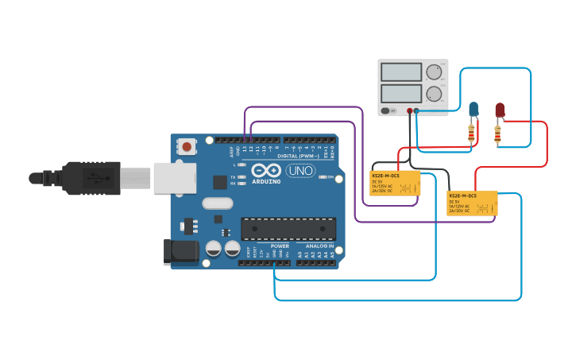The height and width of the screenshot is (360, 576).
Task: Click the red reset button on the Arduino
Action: click(187, 146)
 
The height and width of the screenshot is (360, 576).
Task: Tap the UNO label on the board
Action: click(300, 170)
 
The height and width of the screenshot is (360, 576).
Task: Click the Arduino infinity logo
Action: click(266, 169)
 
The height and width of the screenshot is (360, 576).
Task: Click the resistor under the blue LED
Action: click(472, 133)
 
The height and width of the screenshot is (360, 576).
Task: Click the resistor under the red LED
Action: click(498, 134)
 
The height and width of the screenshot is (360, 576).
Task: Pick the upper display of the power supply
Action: click(401, 72)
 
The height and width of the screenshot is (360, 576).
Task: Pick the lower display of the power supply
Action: click(401, 93)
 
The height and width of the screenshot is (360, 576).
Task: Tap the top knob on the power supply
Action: click(433, 72)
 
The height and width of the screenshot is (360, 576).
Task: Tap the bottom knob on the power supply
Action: click(433, 95)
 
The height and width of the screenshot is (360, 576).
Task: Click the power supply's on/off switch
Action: click(386, 110)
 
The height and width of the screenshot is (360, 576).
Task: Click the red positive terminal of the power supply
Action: click(410, 111)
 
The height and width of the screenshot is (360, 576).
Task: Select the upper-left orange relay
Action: click(395, 183)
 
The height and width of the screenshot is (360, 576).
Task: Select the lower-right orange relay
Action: click(473, 203)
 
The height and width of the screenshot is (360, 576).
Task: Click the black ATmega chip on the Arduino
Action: click(288, 229)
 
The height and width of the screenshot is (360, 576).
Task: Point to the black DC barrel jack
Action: click(180, 252)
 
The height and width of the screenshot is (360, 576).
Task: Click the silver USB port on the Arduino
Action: click(174, 178)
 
